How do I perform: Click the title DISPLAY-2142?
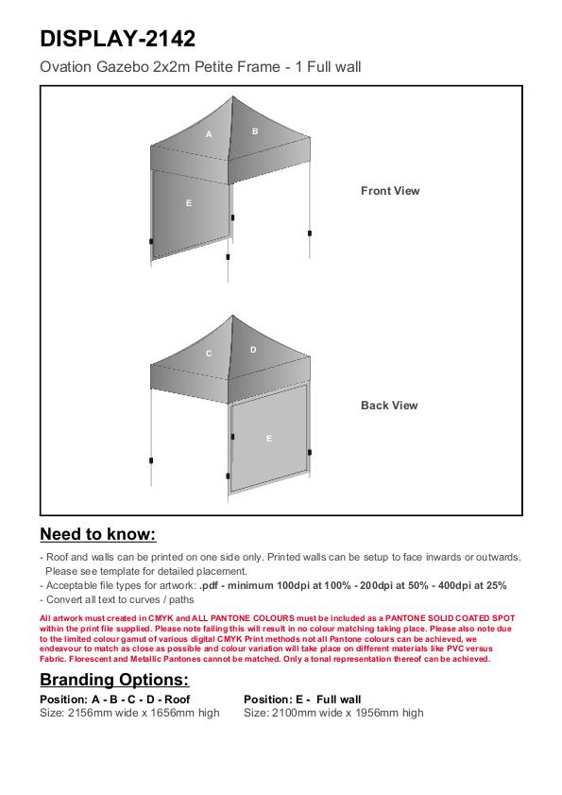(117, 39)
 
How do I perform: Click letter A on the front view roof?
(209, 134)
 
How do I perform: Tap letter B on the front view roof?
(255, 131)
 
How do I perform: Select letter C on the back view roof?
(209, 354)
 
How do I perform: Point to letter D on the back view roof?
(253, 350)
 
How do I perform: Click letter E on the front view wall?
(189, 203)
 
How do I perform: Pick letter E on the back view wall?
(268, 439)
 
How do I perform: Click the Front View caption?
(390, 191)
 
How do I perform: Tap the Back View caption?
(389, 406)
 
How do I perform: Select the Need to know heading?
(98, 534)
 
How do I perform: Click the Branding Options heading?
(114, 680)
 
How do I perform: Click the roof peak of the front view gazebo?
(232, 96)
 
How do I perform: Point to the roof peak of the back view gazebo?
(232, 316)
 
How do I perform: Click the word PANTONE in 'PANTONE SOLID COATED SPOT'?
(405, 618)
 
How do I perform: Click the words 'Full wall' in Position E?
(338, 700)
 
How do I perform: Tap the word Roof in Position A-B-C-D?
(177, 700)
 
